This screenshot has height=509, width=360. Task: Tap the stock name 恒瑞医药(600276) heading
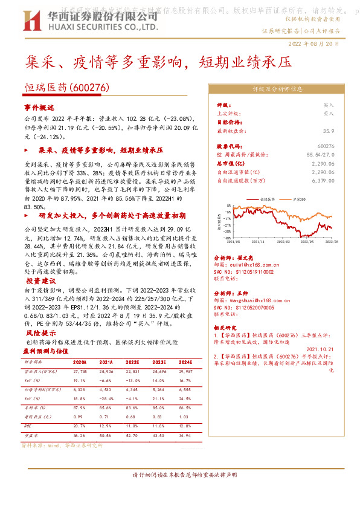pos(66,88)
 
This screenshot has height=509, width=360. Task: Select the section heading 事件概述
pos(39,106)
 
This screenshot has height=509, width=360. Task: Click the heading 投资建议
pos(40,281)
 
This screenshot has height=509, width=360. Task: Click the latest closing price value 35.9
pos(328,130)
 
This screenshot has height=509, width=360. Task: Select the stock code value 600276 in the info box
pos(326,146)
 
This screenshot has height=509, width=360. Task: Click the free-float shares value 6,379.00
pos(323,180)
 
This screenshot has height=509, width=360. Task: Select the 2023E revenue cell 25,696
pos(159,372)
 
